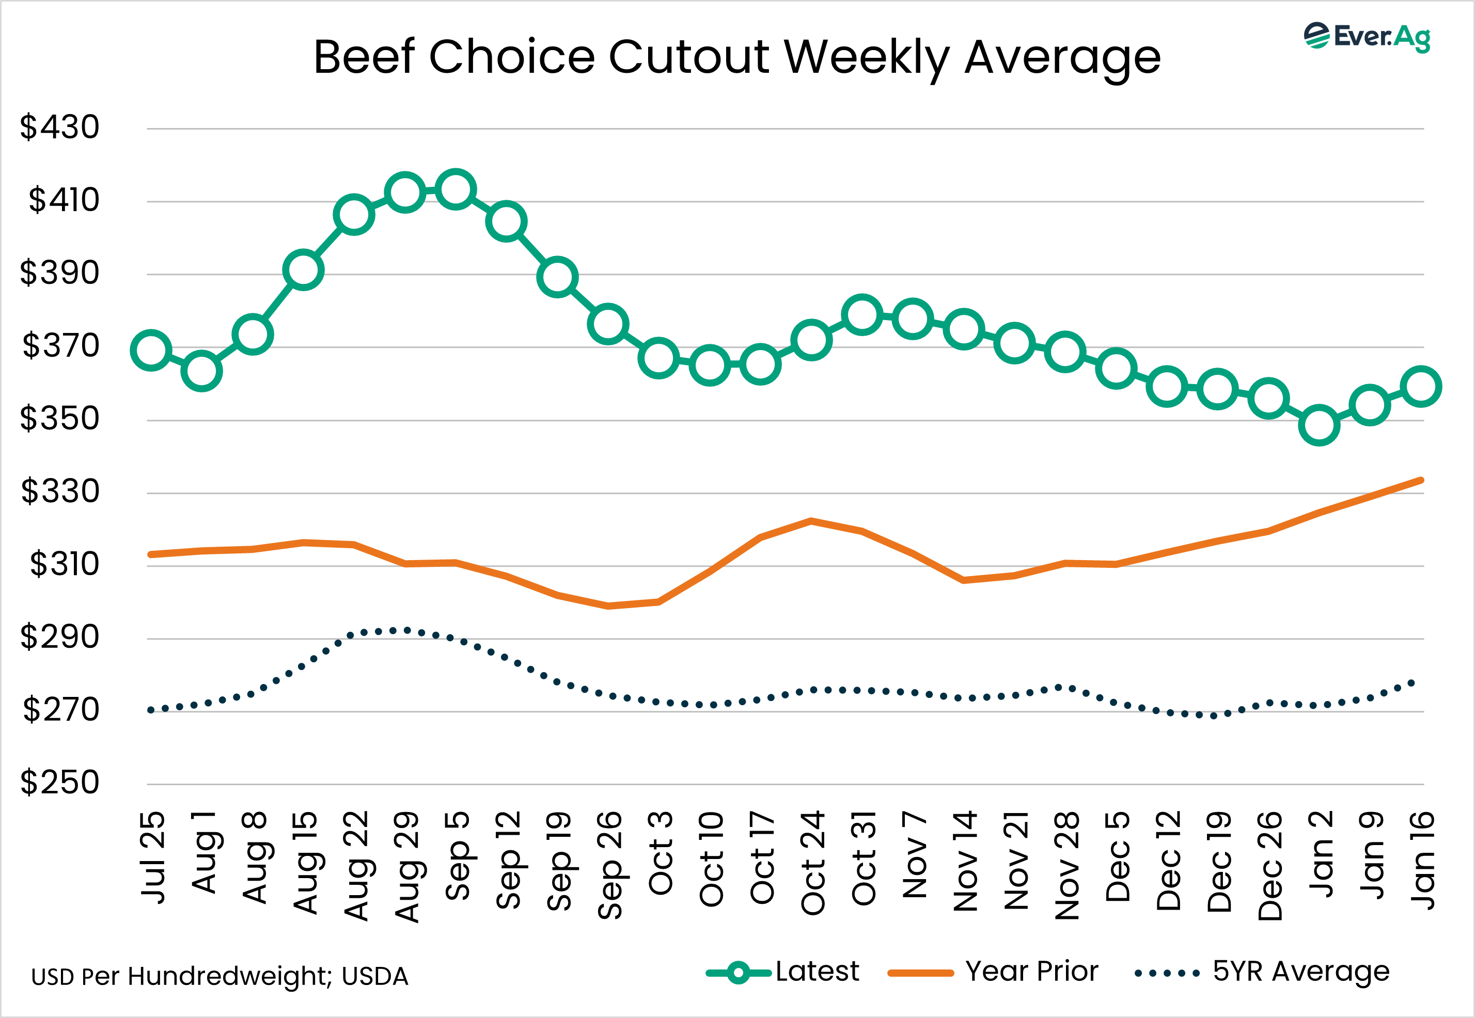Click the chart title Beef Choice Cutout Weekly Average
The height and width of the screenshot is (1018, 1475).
point(737,57)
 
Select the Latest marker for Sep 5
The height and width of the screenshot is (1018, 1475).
point(456,189)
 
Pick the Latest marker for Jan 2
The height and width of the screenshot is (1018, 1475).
point(1319,425)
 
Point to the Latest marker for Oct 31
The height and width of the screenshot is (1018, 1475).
point(862,314)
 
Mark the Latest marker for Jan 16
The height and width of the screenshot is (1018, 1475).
point(1421,386)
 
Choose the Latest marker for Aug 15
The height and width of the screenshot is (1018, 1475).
point(303,270)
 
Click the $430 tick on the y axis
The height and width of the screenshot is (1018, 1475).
point(60,127)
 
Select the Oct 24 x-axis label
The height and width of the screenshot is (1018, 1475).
point(812,863)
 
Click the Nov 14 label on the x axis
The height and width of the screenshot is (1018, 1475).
point(965,861)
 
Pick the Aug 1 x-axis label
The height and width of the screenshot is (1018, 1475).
point(203,853)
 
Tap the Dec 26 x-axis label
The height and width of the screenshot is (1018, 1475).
point(1269,866)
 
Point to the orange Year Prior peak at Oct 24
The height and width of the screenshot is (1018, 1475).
point(811,521)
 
